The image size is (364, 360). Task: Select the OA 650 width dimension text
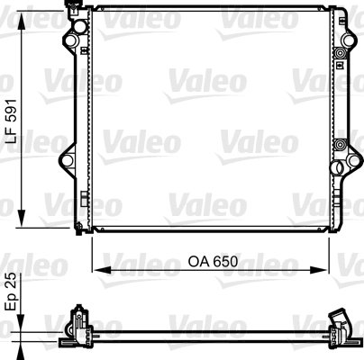[x=213, y=263]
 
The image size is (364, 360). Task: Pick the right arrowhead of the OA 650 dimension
[x=324, y=268]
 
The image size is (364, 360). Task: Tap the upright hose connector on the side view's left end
[x=77, y=320]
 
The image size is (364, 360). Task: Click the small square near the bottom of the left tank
[x=79, y=200]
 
